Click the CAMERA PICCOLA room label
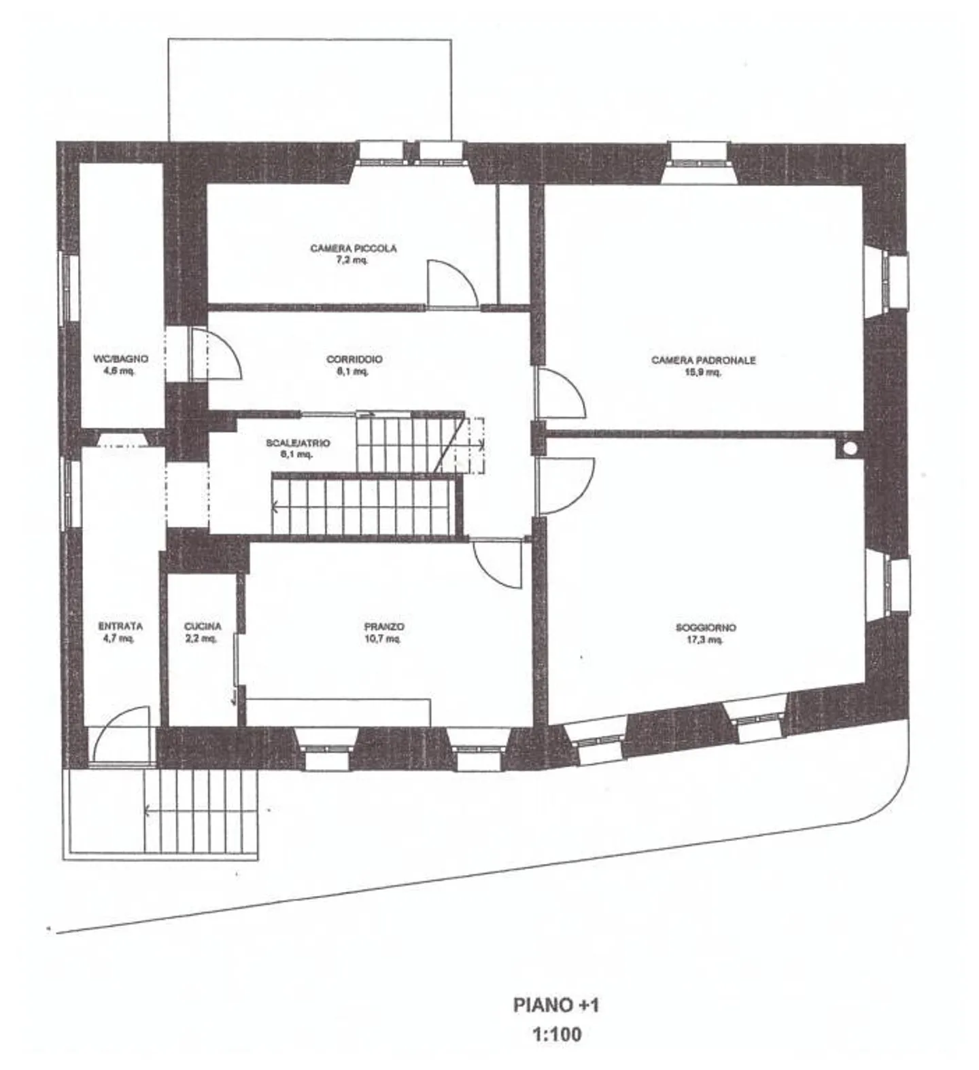pos(353,249)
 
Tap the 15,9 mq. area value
pos(703,372)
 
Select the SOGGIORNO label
pos(705,628)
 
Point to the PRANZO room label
pos(384,626)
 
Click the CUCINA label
pos(203,626)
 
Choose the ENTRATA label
pos(120,626)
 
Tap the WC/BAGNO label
pos(120,359)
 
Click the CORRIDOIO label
pos(354,359)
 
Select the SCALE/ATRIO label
pos(298,443)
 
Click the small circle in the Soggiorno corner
pos(849,448)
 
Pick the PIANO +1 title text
pos(556,1005)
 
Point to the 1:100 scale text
pos(556,1035)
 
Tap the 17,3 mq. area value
pos(705,640)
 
